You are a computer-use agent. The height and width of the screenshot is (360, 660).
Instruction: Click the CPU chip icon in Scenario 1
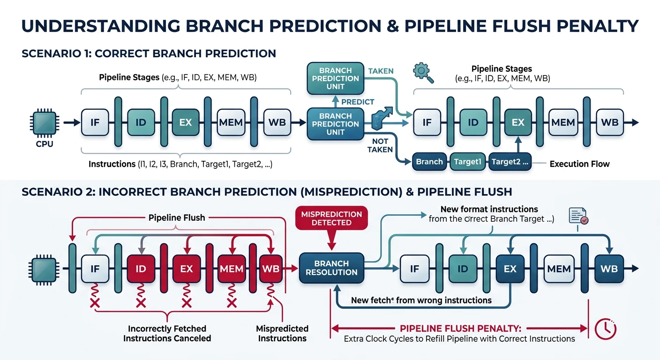pos(45,122)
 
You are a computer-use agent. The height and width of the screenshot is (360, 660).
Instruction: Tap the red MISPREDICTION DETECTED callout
pos(331,218)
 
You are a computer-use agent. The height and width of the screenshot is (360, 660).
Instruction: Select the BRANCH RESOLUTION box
pos(331,268)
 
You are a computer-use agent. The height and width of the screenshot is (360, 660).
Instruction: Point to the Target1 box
pos(468,162)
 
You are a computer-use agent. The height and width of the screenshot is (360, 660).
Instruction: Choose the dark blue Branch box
pos(429,162)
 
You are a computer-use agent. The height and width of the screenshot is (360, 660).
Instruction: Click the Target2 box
pos(510,162)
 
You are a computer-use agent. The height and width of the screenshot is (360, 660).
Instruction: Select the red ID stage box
pos(141,269)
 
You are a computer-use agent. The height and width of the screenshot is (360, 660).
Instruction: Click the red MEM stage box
pos(232,269)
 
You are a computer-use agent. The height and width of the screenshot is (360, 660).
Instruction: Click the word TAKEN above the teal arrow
pos(381,71)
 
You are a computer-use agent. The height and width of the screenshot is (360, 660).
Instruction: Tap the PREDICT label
pos(358,102)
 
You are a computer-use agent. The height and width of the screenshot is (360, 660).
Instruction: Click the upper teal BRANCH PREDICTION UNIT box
pos(335,78)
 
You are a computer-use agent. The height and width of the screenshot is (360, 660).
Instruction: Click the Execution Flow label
pos(579,164)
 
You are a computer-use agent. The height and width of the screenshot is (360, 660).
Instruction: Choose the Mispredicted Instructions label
pos(282,333)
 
